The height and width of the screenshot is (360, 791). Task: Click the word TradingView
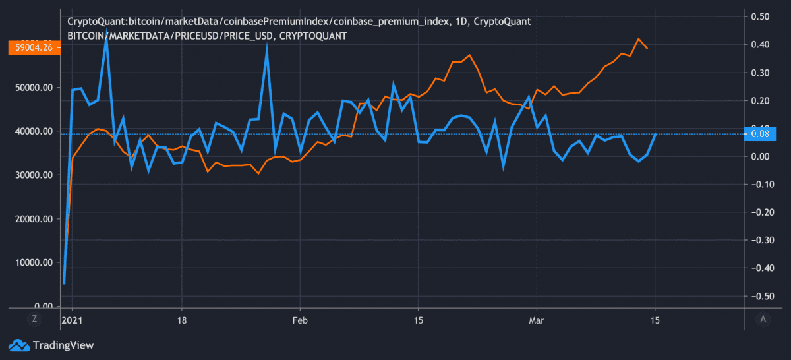(63, 345)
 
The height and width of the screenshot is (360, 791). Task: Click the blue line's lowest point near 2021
(64, 284)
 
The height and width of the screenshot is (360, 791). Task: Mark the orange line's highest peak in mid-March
(637, 39)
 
